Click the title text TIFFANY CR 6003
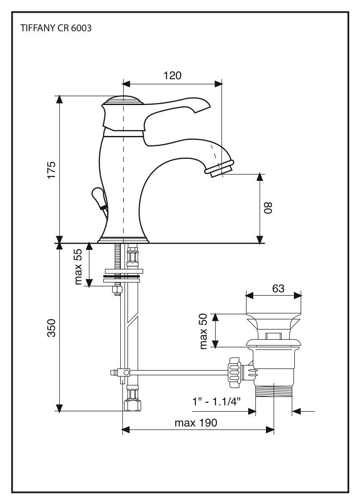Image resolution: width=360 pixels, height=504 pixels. (x=56, y=28)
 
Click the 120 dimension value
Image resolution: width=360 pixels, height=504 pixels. (x=172, y=75)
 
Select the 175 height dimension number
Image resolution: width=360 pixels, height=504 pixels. (x=51, y=170)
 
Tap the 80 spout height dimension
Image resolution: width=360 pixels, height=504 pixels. (x=268, y=208)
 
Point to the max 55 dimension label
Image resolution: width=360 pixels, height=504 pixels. (x=78, y=267)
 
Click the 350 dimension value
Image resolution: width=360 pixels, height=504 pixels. (x=51, y=328)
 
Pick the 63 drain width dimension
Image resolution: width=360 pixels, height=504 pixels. (x=278, y=289)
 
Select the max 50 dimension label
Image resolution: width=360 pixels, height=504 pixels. (x=203, y=331)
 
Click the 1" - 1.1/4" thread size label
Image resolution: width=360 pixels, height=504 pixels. (x=216, y=402)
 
